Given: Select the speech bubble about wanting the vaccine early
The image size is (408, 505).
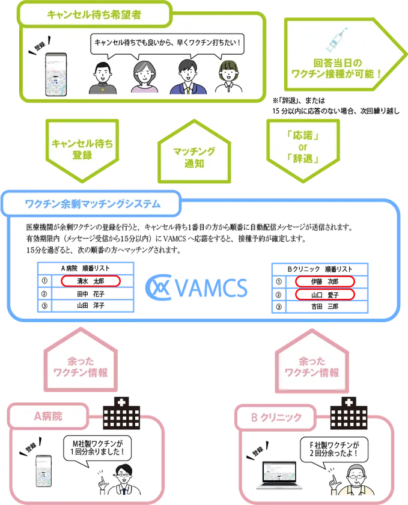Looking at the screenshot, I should pos(168,43).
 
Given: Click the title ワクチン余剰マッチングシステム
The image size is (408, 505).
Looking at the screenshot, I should pos(93,204).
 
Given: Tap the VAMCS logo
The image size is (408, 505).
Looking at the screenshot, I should pos(196,287).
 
